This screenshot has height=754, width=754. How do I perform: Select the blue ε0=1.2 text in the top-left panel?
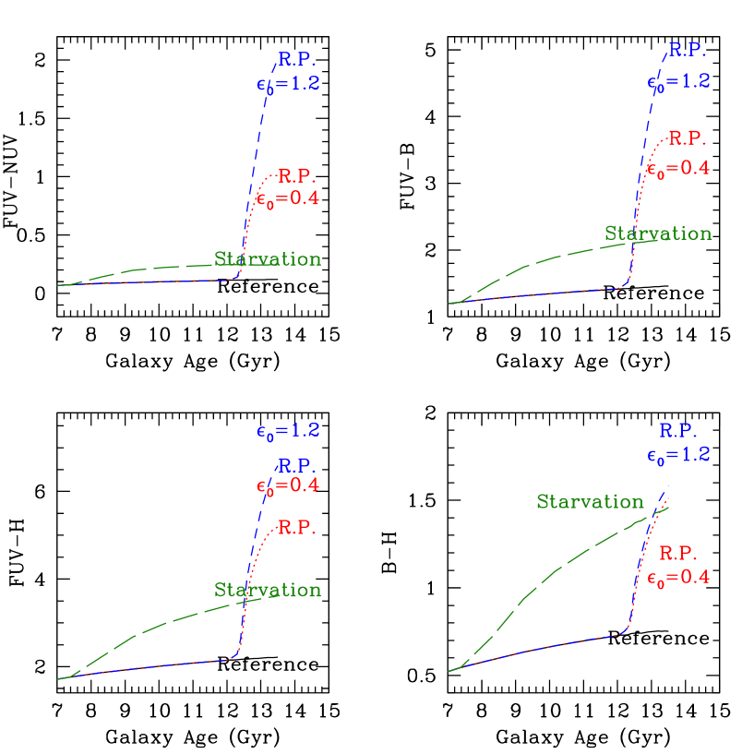point(288,83)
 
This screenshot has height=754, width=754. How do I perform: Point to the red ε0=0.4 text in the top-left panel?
point(287,197)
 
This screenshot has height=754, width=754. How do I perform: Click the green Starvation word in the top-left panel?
point(268,259)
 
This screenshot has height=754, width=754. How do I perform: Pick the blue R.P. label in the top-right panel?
point(687,49)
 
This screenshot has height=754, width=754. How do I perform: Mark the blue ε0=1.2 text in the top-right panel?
point(678,81)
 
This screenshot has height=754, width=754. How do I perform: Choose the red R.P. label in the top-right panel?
point(687,138)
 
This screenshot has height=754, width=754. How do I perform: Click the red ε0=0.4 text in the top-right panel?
point(678,169)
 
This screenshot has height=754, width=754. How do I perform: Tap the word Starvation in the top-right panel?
point(658,233)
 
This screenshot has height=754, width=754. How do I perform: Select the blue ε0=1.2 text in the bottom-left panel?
point(288,430)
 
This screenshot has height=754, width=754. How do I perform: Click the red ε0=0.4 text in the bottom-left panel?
point(287,485)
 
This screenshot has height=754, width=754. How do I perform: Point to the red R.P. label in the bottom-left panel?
point(296,528)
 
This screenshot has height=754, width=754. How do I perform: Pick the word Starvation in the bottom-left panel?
point(268,590)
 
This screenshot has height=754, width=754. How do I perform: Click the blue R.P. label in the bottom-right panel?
point(678,430)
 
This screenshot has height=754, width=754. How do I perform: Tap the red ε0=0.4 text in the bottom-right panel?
point(678,579)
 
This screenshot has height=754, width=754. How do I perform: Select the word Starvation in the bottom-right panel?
point(590,502)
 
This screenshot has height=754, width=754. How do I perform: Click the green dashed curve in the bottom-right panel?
point(554,569)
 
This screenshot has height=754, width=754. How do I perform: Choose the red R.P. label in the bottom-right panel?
point(678,554)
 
